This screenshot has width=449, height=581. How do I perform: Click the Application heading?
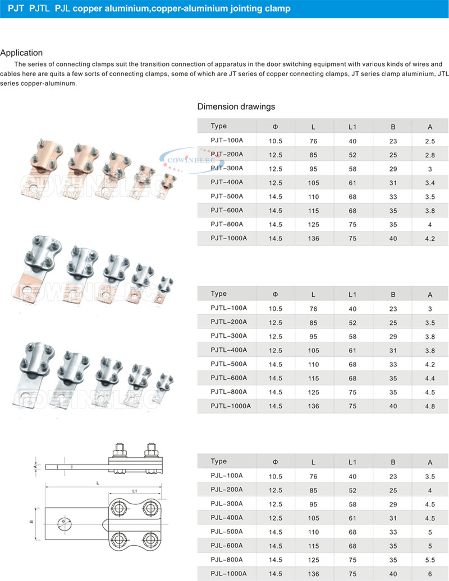click(21, 53)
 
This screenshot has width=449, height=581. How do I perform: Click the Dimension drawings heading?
click(236, 106)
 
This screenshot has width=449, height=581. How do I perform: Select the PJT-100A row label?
click(227, 140)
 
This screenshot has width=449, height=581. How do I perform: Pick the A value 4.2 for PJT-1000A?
click(430, 239)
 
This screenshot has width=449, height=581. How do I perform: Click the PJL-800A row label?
click(227, 560)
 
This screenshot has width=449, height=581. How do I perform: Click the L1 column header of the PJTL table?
click(352, 294)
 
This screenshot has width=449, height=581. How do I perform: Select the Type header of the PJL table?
click(219, 462)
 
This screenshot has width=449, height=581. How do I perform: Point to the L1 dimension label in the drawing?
click(135, 491)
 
